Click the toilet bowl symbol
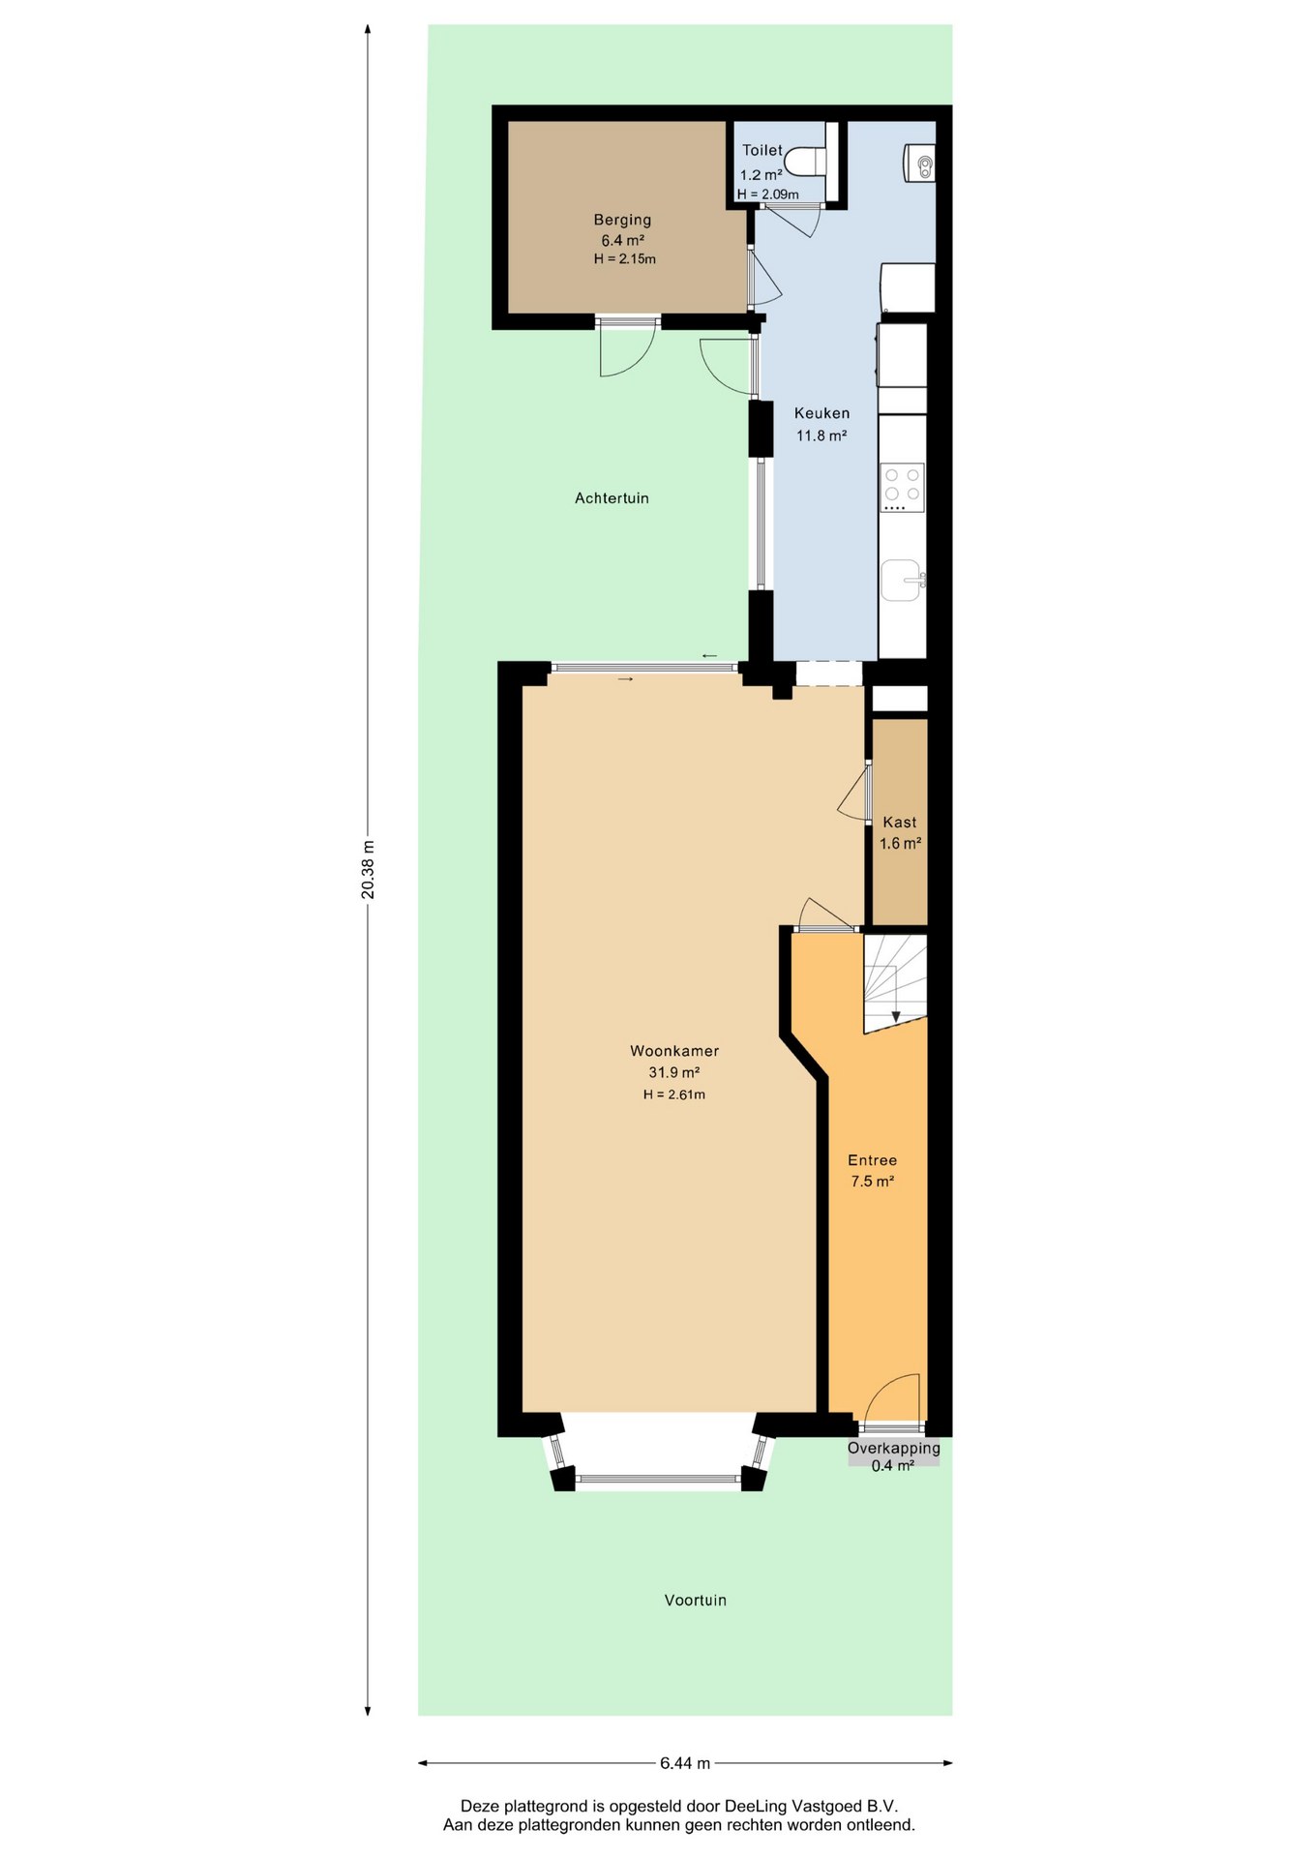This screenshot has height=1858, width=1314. click(x=806, y=162)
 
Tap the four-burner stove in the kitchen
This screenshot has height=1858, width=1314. click(x=902, y=488)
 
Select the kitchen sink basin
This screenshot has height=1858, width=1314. click(x=902, y=581)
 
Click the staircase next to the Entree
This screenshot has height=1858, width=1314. click(x=895, y=983)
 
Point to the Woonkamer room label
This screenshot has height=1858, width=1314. click(x=674, y=1051)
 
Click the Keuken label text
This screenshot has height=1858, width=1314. click(x=821, y=413)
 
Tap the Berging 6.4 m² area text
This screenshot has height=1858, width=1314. click(x=623, y=241)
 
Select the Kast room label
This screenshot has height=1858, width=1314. click(x=900, y=823)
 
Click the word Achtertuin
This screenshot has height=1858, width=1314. click(x=612, y=498)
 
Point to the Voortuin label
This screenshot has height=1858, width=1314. click(x=696, y=1601)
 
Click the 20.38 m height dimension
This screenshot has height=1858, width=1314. click(x=368, y=869)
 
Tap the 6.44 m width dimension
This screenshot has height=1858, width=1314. click(x=685, y=1763)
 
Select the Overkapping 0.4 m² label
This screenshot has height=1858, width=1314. click(x=894, y=1456)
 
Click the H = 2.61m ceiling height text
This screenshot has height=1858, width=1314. click(x=674, y=1095)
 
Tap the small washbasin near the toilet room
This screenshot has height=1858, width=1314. click(x=920, y=163)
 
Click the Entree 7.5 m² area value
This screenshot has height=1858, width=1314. click(x=872, y=1182)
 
